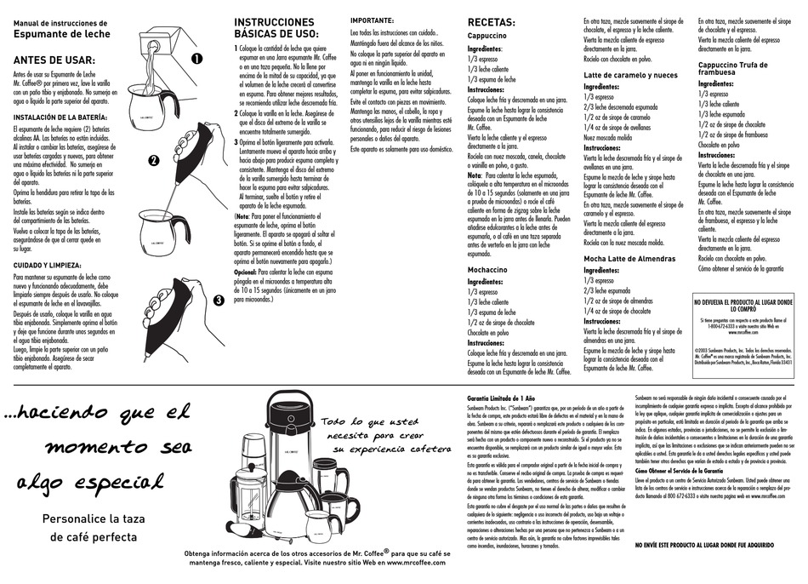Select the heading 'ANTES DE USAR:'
pyautogui.click(x=53, y=60)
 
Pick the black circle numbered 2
pyautogui.click(x=154, y=160)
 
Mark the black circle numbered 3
pyautogui.click(x=218, y=300)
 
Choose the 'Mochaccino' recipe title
pyautogui.click(x=487, y=268)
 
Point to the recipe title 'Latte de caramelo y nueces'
pyautogui.click(x=630, y=75)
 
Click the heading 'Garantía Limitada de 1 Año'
pyautogui.click(x=501, y=398)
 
